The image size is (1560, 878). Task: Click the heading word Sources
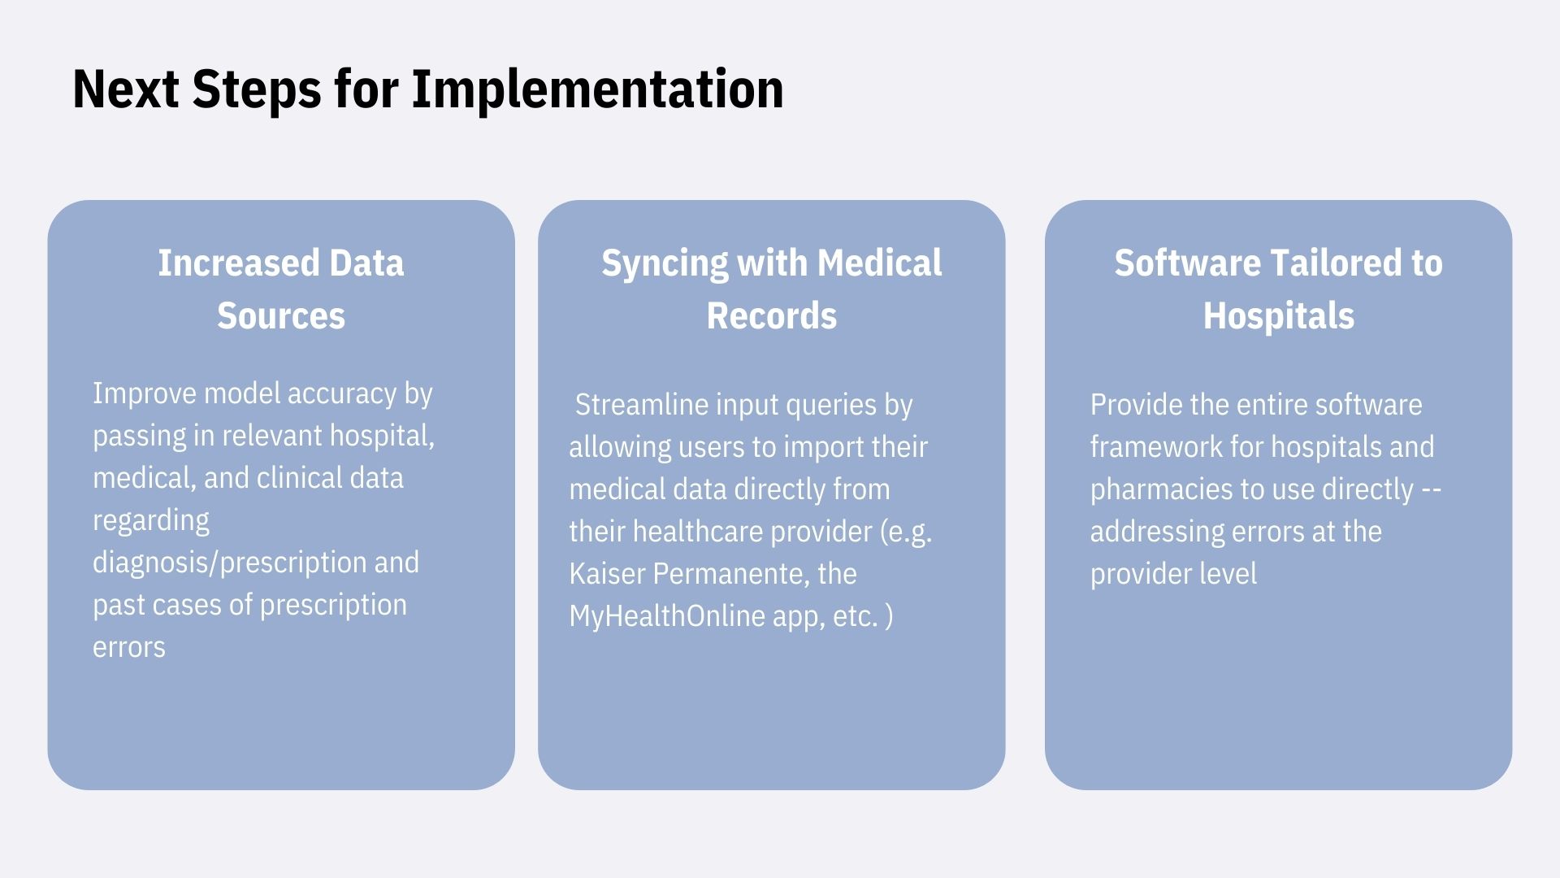[281, 315]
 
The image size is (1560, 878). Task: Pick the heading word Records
[772, 315]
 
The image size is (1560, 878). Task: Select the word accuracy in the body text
[341, 394]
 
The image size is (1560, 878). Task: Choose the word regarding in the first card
[151, 521]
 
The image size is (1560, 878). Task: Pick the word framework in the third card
[1156, 446]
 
